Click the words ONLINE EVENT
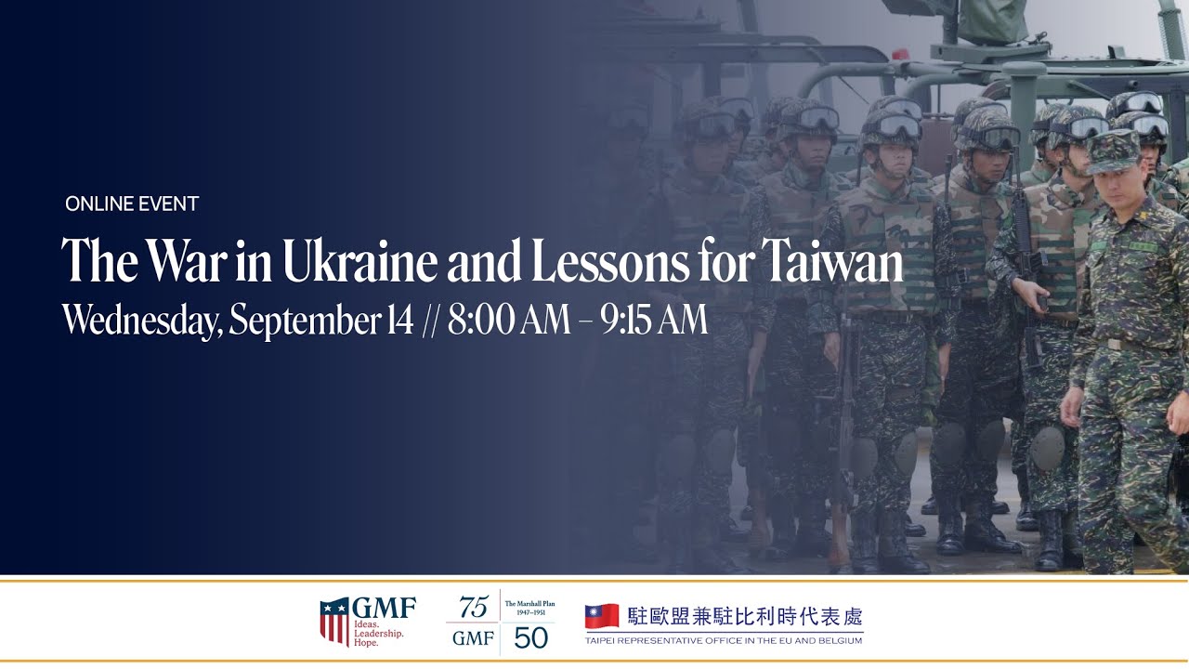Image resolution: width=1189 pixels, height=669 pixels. click(x=132, y=204)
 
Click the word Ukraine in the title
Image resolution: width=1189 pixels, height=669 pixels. click(x=359, y=264)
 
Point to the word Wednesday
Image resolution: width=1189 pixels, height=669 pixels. click(x=141, y=321)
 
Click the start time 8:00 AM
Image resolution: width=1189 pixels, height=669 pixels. click(x=508, y=321)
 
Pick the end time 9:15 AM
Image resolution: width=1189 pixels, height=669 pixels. click(x=654, y=321)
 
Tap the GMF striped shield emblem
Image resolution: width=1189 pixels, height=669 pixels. click(x=334, y=621)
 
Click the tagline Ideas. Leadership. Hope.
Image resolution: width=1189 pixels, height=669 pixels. click(x=378, y=633)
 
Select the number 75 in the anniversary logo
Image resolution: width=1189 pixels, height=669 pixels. click(x=473, y=608)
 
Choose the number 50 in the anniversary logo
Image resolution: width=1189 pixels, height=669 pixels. click(x=530, y=638)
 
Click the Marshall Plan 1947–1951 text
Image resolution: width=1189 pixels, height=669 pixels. click(x=529, y=608)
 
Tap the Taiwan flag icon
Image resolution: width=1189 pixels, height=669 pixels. click(x=602, y=616)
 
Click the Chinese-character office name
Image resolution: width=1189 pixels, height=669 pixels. click(x=745, y=616)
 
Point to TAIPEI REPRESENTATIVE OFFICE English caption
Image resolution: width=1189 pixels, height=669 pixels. click(x=724, y=641)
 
